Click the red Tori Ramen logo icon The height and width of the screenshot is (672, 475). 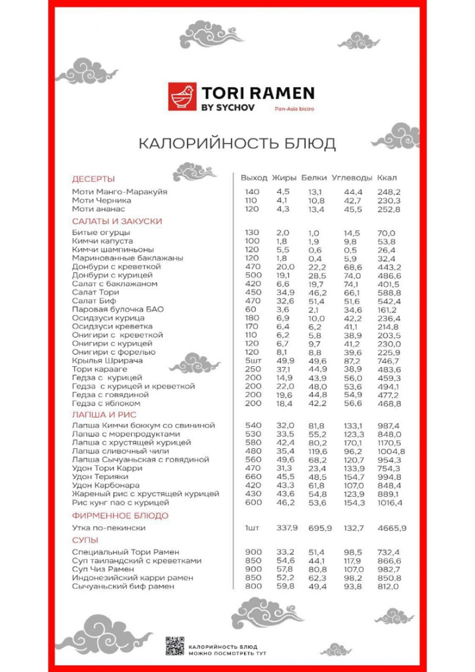point(181,96)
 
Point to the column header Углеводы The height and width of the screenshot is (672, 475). point(352,178)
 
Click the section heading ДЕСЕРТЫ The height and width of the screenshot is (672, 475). point(93,178)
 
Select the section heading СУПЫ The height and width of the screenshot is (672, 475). point(85,539)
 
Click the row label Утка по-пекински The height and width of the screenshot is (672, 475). point(108,528)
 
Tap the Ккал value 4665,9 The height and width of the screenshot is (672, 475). point(392,528)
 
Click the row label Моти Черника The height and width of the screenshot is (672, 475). point(101,200)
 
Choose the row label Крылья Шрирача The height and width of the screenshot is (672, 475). point(107,361)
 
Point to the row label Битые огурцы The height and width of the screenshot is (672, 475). point(100,233)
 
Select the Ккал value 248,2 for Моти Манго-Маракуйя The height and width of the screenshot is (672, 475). point(389,192)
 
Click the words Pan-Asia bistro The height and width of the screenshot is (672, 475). point(294,109)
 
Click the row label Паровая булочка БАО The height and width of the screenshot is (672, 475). point(117,309)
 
